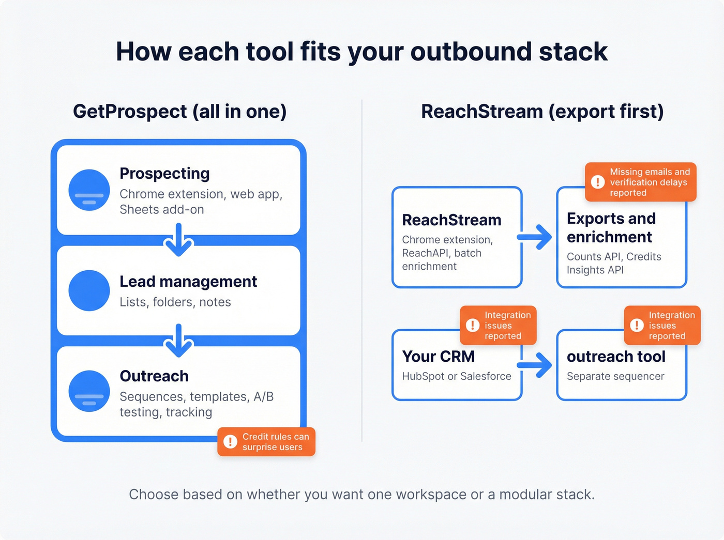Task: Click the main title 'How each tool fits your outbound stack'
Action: click(x=361, y=52)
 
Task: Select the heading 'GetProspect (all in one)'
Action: click(x=179, y=112)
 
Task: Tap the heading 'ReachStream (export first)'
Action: click(x=542, y=112)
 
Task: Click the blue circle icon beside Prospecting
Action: click(x=89, y=190)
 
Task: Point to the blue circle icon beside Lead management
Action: click(x=89, y=290)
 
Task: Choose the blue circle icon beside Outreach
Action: click(x=89, y=391)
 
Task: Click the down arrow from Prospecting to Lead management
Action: click(x=178, y=240)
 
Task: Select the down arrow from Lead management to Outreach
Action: click(x=178, y=341)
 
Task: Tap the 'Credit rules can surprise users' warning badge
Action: click(x=266, y=442)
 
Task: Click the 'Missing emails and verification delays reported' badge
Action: click(x=641, y=182)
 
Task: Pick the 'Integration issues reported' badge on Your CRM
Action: click(x=498, y=326)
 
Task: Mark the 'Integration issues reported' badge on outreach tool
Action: click(x=662, y=326)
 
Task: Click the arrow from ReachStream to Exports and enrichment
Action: click(x=535, y=237)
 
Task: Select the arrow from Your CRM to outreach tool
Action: click(x=535, y=365)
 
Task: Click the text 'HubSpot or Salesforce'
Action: click(x=457, y=377)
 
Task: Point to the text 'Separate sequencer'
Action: click(x=615, y=377)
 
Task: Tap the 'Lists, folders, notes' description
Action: click(x=175, y=302)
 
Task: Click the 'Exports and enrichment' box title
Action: click(x=611, y=228)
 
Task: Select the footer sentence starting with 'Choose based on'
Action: click(x=361, y=495)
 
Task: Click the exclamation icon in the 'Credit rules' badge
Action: click(x=230, y=442)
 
